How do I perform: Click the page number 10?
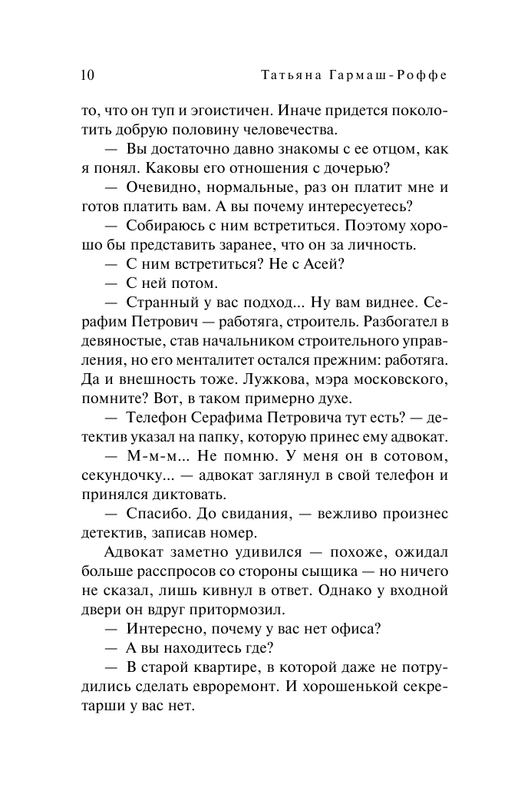point(87,74)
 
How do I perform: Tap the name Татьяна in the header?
point(290,74)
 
